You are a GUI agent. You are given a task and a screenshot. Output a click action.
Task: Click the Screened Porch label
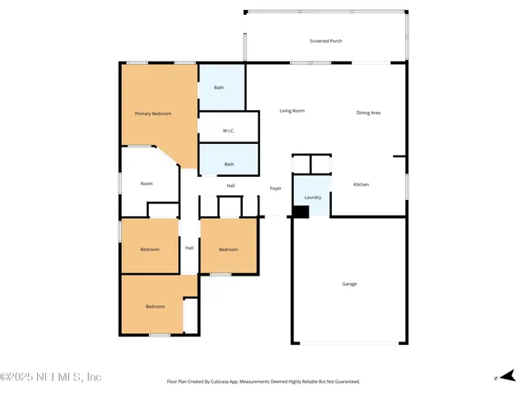[326, 40]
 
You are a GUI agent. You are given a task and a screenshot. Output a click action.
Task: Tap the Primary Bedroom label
[153, 114]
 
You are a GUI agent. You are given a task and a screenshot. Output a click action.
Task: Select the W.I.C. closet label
[228, 131]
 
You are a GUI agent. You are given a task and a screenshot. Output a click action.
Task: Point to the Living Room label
[291, 110]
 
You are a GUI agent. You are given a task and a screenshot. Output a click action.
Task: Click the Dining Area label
[368, 113]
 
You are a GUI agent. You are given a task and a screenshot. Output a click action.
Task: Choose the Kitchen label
[361, 184]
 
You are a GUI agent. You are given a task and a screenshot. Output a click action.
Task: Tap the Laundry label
[312, 197]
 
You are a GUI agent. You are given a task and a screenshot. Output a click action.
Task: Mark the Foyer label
[276, 188]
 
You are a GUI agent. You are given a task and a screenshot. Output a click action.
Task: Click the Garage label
[349, 284]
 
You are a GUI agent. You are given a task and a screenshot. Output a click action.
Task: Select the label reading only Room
[147, 184]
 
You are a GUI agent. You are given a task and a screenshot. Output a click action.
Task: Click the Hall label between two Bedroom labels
[189, 248]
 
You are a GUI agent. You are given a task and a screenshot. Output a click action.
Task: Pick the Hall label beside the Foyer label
[231, 185]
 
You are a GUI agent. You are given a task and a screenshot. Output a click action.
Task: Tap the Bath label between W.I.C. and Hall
[229, 164]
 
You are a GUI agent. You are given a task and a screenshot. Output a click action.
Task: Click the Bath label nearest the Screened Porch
[219, 87]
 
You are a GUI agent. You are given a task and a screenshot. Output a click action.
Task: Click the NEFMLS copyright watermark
[51, 377]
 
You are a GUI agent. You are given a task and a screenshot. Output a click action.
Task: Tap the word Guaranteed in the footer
[343, 382]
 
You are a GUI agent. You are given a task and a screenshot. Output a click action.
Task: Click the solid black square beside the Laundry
[301, 211]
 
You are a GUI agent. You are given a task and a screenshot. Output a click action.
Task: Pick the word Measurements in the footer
[269, 382]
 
